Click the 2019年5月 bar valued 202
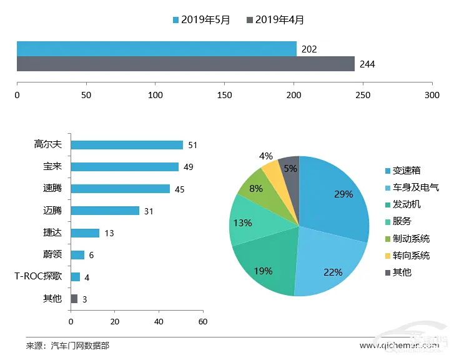(x=156, y=49)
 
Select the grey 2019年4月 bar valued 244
(x=185, y=64)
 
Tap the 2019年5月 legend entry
(x=202, y=20)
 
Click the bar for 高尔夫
(x=127, y=145)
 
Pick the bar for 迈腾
(x=105, y=211)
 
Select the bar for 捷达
(x=85, y=233)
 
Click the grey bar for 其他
(x=74, y=299)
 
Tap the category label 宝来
(x=52, y=167)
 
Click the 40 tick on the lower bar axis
(x=159, y=322)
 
